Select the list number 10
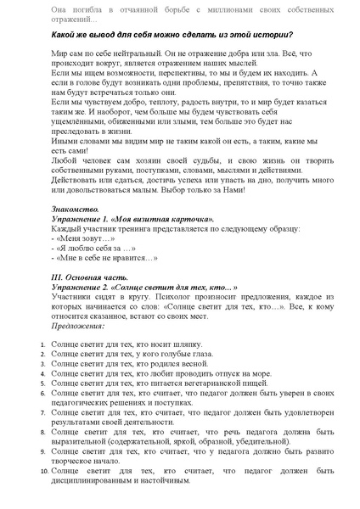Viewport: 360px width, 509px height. pyautogui.click(x=44, y=469)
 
